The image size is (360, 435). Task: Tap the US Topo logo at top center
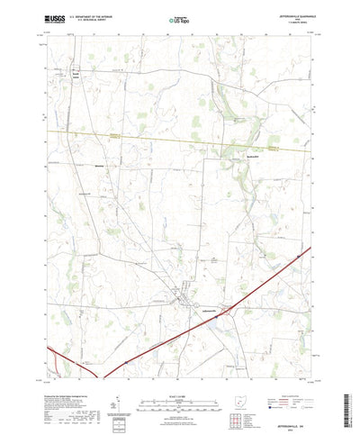[x=179, y=17]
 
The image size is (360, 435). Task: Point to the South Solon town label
[x=76, y=78]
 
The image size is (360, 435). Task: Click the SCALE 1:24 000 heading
[x=179, y=385]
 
